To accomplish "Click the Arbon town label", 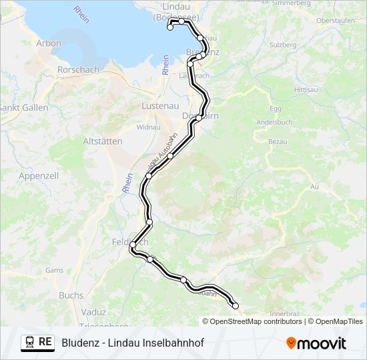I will click(49, 43).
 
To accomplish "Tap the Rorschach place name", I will click(78, 69).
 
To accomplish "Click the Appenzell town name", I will click(39, 176).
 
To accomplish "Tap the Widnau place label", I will click(147, 127).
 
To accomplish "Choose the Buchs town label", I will click(71, 295).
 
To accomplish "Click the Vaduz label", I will click(93, 311).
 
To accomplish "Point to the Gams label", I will click(54, 271).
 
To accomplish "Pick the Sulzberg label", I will click(282, 45).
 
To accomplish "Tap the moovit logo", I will click(316, 343).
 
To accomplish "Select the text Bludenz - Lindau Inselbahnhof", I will click(133, 343).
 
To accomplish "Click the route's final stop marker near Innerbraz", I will click(235, 305).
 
